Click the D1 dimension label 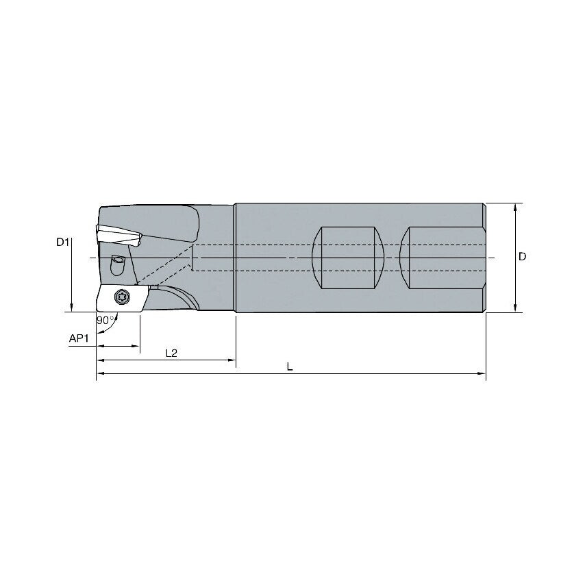63,242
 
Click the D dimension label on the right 522,256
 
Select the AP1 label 79,338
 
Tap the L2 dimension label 171,353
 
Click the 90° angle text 105,320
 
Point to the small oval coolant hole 118,260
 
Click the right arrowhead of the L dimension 482,374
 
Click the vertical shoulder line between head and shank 235,258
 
